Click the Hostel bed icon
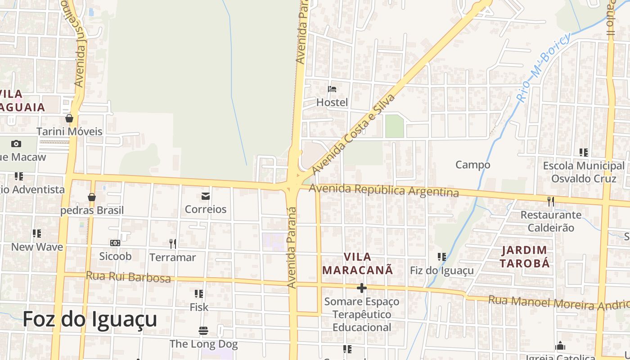click(x=332, y=89)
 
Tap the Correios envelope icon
click(x=206, y=196)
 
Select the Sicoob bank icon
click(x=115, y=243)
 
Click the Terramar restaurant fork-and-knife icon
click(x=173, y=244)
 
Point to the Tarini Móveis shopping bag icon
click(x=69, y=118)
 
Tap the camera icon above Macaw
click(x=16, y=144)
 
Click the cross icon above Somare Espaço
click(x=361, y=288)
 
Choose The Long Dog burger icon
click(x=203, y=331)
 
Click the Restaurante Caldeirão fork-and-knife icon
click(x=550, y=201)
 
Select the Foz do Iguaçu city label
click(x=90, y=319)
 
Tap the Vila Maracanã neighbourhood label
click(x=358, y=264)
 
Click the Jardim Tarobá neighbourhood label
click(x=525, y=256)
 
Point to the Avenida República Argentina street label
click(x=384, y=190)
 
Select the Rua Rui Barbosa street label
click(x=128, y=276)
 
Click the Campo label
click(x=472, y=165)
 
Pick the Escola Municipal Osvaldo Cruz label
click(x=584, y=172)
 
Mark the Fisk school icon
click(x=198, y=294)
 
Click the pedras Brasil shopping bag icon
click(x=92, y=197)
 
